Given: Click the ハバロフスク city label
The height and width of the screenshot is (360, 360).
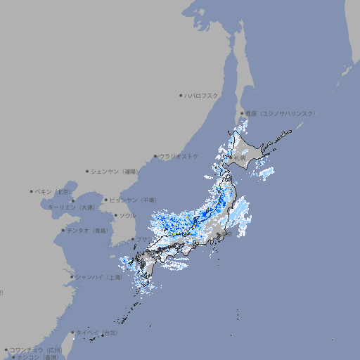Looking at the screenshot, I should pos(202,95).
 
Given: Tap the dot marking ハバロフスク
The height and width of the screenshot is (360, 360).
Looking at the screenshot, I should pos(181,95).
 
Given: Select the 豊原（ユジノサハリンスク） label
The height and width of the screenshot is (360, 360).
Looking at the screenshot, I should pos(280,113).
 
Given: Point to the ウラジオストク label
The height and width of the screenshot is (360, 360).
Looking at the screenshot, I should pos(179,156).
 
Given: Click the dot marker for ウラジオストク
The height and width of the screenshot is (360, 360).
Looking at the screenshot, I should pos(155,157).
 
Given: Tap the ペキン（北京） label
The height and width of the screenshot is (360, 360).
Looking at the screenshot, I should pos(53,191).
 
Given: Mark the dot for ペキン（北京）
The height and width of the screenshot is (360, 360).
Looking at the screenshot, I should pos(32,191).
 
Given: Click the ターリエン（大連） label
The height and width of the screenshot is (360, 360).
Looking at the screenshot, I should pos(71,207).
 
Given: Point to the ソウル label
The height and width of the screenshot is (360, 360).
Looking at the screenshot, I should pos(127,215).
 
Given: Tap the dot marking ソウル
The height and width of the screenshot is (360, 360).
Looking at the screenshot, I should pos(115,215).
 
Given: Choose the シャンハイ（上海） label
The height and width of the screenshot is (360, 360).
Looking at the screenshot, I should pos(98,277).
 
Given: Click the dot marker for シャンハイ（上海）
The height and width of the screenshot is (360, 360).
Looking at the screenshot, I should pos(72,277).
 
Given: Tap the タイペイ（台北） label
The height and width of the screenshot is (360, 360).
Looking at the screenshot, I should pos(97,333).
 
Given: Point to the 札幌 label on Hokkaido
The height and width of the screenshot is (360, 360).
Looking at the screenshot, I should pos(240,158).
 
